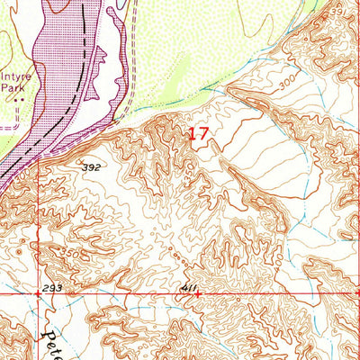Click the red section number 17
pos(199,135)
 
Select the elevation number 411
pos(188,288)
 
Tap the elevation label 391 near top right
pos(336,12)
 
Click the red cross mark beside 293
pos(38,293)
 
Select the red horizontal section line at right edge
pos(342,293)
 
